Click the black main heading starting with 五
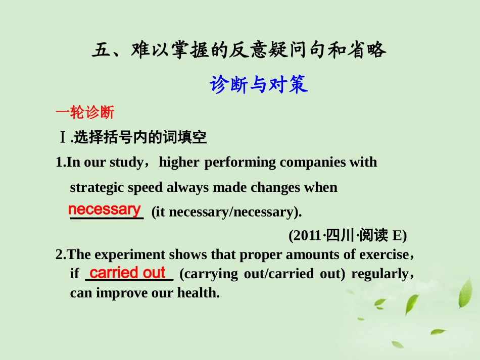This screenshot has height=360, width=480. coord(239,50)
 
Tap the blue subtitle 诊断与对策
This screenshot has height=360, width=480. coord(259,84)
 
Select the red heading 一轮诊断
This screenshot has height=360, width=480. coord(85,112)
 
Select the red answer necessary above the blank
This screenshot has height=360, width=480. coord(104,209)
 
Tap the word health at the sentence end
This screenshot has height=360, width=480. coord(198,293)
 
